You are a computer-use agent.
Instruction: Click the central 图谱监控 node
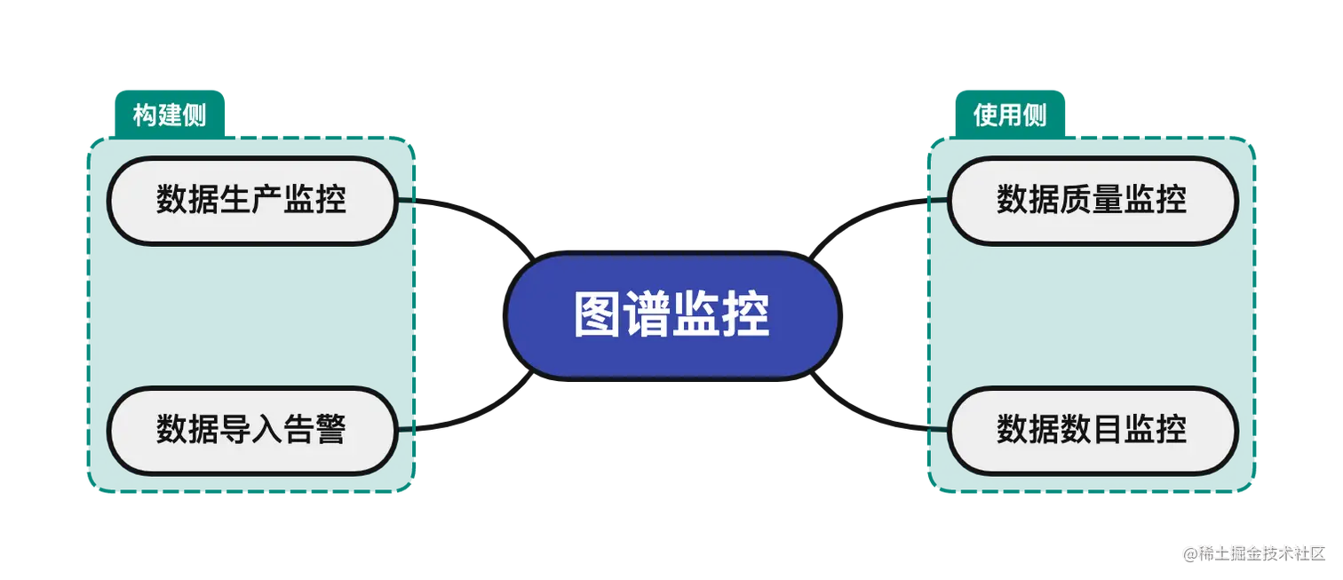pyautogui.click(x=672, y=315)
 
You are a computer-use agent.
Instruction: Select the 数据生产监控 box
pyautogui.click(x=251, y=200)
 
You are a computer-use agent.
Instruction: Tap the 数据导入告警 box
pyautogui.click(x=251, y=430)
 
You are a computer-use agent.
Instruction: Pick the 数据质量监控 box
pyautogui.click(x=1092, y=200)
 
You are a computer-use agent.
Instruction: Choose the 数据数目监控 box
pyautogui.click(x=1092, y=430)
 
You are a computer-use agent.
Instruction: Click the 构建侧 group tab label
pyautogui.click(x=169, y=115)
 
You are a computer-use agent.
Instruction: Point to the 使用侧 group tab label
pyautogui.click(x=1010, y=115)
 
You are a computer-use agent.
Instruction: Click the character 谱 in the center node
pyautogui.click(x=648, y=315)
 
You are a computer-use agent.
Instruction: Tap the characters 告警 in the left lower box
pyautogui.click(x=315, y=430)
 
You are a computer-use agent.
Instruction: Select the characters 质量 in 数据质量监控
pyautogui.click(x=1092, y=200)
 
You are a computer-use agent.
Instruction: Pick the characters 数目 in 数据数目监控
pyautogui.click(x=1092, y=430)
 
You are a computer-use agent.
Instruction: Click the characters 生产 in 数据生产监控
pyautogui.click(x=251, y=200)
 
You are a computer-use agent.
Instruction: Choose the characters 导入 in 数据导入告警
pyautogui.click(x=251, y=430)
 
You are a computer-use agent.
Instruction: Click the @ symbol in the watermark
pyautogui.click(x=1189, y=552)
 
